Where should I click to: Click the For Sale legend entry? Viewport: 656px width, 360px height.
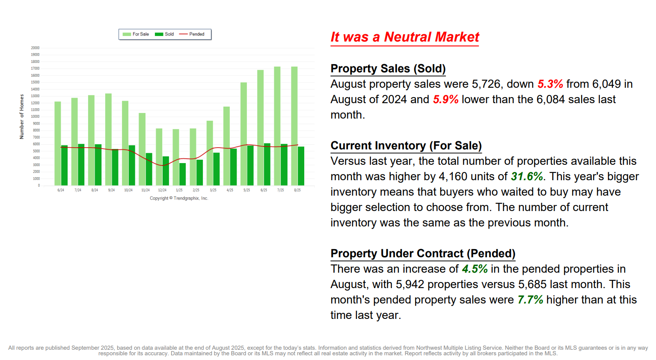[x=136, y=34]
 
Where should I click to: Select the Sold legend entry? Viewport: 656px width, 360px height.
[x=164, y=34]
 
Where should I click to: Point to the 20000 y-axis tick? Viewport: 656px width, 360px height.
[x=35, y=48]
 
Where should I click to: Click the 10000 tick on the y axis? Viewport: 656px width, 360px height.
[x=35, y=116]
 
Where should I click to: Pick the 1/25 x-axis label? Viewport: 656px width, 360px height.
[x=179, y=190]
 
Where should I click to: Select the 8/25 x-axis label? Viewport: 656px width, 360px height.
[x=297, y=190]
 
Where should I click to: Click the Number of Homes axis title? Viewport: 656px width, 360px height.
[x=21, y=116]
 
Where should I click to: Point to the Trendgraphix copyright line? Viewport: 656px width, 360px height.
[x=179, y=198]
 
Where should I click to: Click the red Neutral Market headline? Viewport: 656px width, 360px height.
[x=404, y=37]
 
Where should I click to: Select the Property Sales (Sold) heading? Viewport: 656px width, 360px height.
[x=388, y=68]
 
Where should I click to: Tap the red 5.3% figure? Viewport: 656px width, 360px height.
[x=550, y=84]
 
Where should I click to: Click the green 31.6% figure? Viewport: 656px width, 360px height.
[x=526, y=176]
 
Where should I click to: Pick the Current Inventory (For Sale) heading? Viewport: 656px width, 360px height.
[x=406, y=146]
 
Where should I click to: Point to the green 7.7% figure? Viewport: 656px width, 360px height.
[x=530, y=300]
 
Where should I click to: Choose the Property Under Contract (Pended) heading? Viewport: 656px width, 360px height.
[x=422, y=253]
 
